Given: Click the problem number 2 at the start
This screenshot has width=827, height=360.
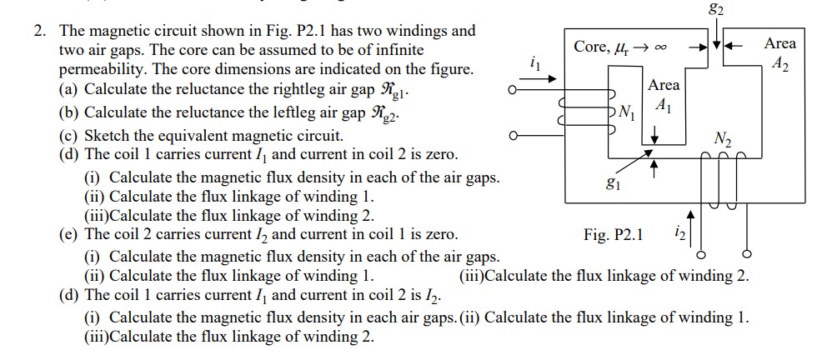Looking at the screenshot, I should pyautogui.click(x=38, y=32).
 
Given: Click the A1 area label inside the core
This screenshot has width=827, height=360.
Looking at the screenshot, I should pyautogui.click(x=664, y=106).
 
